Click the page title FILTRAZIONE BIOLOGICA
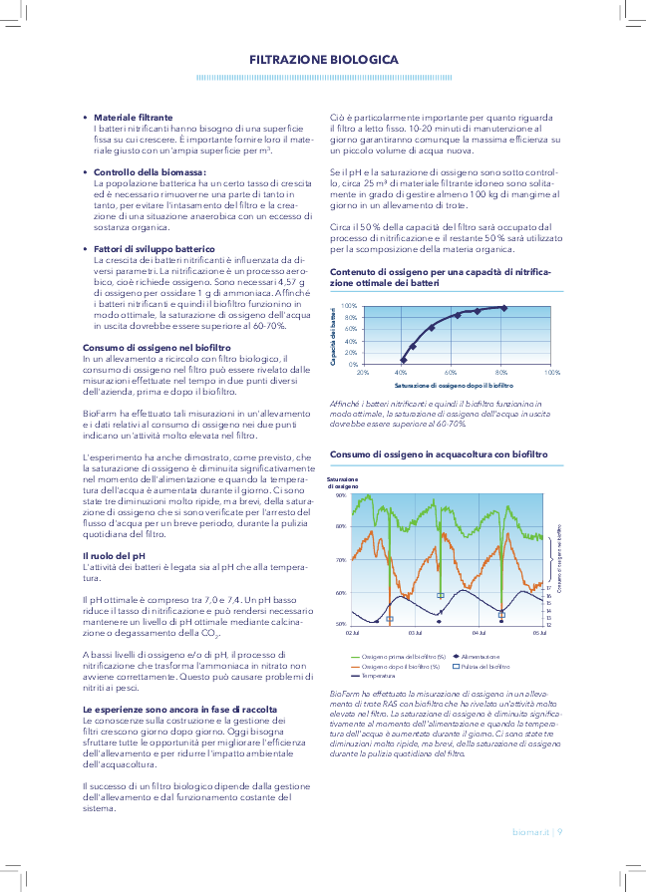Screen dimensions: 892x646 pos(323,60)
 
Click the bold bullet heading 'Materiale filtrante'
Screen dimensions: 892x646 pos(133,117)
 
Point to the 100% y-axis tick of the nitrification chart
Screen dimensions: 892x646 pos(349,306)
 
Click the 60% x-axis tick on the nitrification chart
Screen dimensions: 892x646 pos(451,372)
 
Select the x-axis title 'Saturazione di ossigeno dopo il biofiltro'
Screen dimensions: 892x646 pos(454,384)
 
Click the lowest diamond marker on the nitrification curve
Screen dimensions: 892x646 pos(404,360)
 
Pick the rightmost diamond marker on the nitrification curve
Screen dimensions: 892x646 pos(503,308)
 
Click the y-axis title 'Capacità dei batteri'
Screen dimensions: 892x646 pos(333,337)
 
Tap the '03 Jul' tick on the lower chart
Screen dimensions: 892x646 pos(416,633)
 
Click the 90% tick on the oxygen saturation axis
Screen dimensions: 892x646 pos(341,494)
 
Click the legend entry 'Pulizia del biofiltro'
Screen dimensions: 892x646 pos(482,666)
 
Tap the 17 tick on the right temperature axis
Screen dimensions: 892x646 pos(549,588)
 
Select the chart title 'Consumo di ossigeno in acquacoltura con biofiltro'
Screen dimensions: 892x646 pos(439,453)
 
